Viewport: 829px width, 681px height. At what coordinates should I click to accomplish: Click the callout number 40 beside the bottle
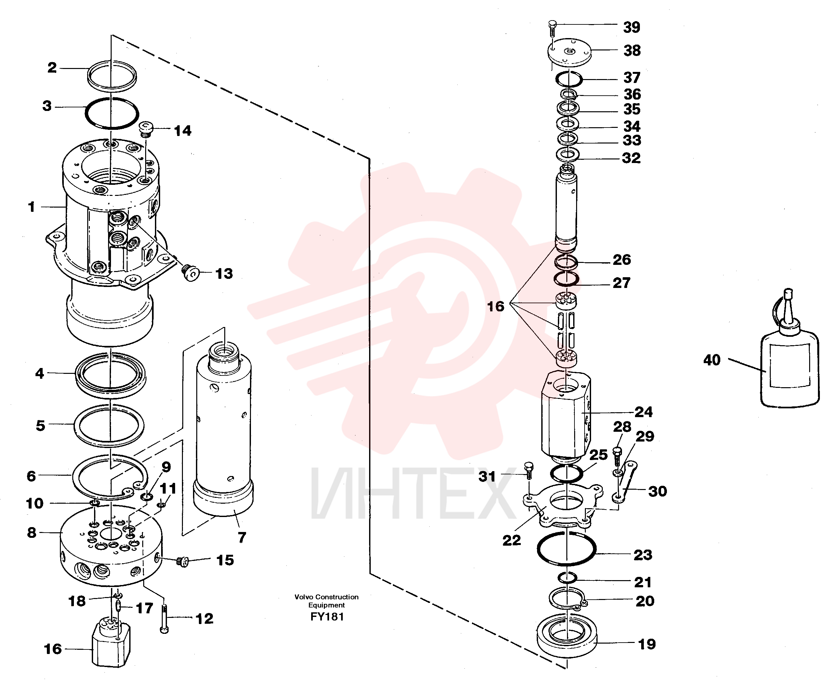tap(712, 360)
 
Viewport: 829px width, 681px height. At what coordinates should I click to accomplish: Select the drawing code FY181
tap(327, 617)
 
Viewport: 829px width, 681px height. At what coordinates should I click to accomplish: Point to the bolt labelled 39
tap(552, 29)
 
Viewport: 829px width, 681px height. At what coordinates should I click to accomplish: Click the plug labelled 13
tap(191, 273)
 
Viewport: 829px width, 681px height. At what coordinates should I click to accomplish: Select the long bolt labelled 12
tap(164, 619)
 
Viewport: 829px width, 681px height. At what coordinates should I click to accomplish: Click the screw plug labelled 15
tap(183, 562)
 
